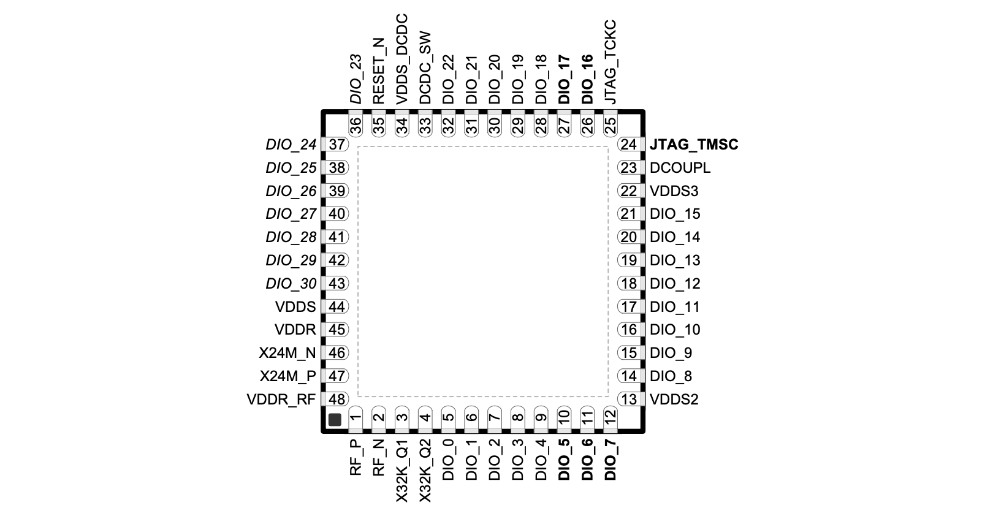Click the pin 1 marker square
(335, 419)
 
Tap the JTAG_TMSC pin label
(694, 145)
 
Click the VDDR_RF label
(281, 400)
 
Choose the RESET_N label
(379, 70)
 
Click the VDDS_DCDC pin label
(401, 59)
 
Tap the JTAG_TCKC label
(611, 62)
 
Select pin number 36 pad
(356, 124)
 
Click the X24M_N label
(287, 353)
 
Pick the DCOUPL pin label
(680, 168)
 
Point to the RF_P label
(356, 458)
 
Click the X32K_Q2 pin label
(425, 471)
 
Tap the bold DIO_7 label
(611, 460)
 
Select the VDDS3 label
(674, 191)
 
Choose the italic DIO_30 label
(291, 284)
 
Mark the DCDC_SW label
(425, 68)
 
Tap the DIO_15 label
(675, 214)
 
